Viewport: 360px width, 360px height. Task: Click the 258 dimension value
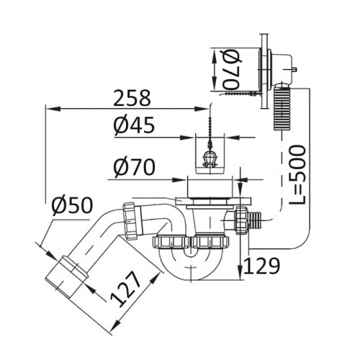132,98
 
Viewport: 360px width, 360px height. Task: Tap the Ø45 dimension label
134,125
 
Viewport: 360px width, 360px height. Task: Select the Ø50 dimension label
72,205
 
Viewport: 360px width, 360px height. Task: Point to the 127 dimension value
125,289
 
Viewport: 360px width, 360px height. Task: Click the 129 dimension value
261,266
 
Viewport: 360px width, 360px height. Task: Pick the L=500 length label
297,174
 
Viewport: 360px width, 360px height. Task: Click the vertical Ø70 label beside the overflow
231,70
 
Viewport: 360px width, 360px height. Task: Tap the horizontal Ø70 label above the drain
134,166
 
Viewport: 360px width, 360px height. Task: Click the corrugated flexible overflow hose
282,109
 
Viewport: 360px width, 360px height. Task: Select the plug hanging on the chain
210,159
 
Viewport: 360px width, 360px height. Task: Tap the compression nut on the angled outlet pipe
132,220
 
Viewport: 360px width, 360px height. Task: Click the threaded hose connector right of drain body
255,220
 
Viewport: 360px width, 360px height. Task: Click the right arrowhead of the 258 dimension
202,109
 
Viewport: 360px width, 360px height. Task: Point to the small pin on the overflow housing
295,70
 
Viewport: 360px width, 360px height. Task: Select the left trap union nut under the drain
171,242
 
